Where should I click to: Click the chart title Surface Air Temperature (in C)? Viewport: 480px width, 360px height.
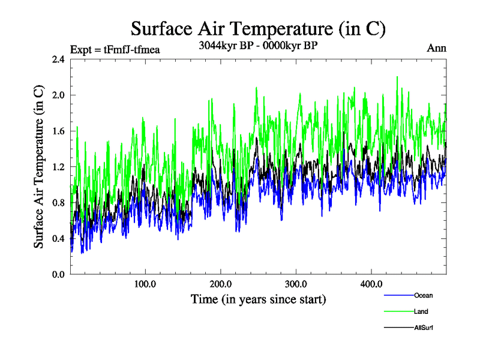(257, 28)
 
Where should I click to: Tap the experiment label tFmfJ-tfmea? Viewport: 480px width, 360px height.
(115, 50)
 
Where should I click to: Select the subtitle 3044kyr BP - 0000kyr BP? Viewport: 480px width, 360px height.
(257, 46)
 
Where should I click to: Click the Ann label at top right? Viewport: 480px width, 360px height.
(436, 48)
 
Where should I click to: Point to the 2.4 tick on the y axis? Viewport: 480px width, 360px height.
(58, 59)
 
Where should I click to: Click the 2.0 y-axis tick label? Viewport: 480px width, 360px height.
(58, 95)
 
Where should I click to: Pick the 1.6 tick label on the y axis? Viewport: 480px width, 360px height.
(58, 131)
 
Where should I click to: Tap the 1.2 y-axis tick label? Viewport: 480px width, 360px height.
(58, 167)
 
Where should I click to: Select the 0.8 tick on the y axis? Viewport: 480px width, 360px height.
(58, 203)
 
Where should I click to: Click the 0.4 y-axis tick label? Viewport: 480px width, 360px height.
(58, 239)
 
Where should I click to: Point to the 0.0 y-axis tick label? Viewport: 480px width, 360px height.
(58, 274)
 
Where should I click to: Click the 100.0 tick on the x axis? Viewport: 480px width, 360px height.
(145, 284)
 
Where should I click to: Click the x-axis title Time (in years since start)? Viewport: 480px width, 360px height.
(258, 299)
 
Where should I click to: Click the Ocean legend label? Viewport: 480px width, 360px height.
(423, 295)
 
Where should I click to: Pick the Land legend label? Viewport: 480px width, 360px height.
(421, 311)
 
